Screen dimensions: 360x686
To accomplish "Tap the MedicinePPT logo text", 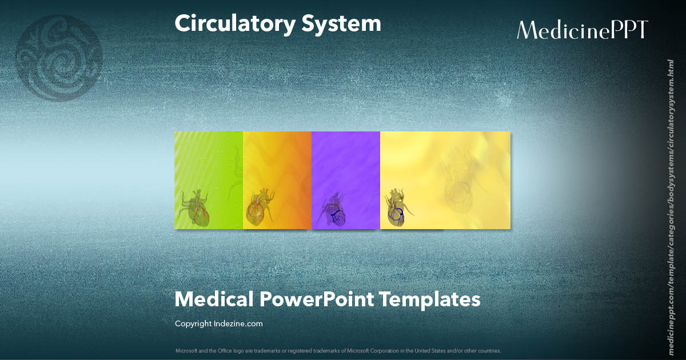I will (x=582, y=30).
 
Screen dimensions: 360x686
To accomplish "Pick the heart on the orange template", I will (x=261, y=207).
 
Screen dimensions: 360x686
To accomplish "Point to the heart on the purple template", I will (x=333, y=210).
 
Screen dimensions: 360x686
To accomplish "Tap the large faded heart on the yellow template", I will (x=463, y=177).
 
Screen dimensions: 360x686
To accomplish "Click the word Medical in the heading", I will (x=213, y=299).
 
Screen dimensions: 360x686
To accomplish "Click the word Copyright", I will (x=193, y=323).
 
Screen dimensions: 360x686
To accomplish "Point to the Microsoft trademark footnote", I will (x=338, y=350).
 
